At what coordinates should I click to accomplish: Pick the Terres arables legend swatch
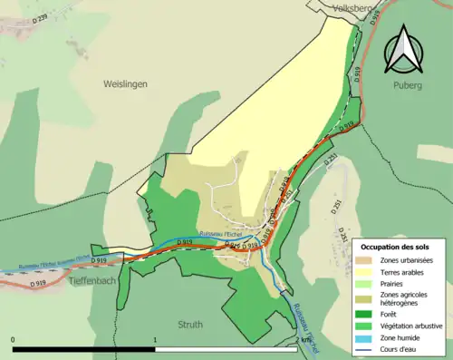click(369, 274)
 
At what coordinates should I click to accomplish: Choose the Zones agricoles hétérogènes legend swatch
click(369, 300)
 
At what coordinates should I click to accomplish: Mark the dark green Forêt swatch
click(369, 316)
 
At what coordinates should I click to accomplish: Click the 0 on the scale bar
click(14, 340)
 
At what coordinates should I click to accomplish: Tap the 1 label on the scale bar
click(156, 340)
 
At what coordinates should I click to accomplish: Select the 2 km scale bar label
click(304, 340)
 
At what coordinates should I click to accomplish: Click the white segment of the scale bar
click(226, 349)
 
